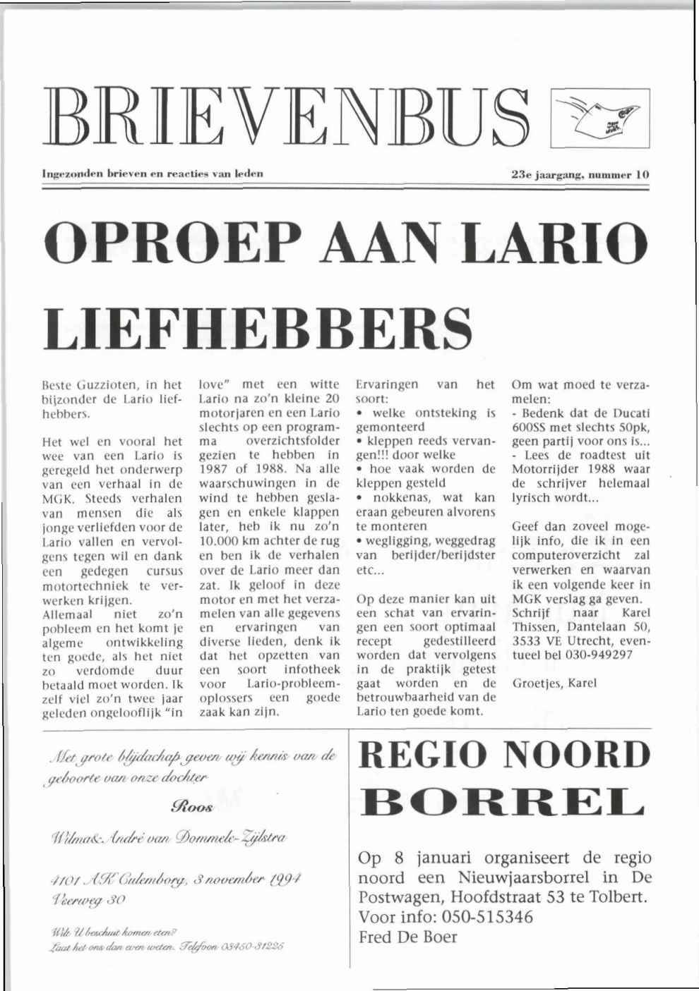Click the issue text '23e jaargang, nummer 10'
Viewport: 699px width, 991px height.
[x=579, y=174]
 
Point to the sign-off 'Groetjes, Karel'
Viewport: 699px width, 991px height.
[x=554, y=683]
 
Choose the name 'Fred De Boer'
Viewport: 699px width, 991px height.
[x=408, y=937]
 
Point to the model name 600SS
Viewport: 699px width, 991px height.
[x=529, y=427]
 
